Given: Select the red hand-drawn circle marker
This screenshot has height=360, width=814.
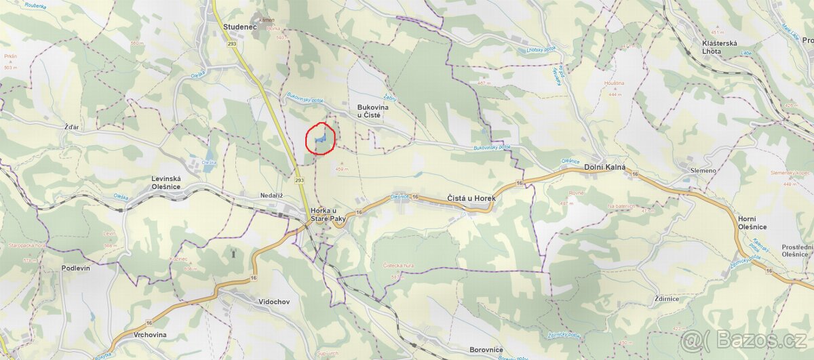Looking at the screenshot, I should (322, 139).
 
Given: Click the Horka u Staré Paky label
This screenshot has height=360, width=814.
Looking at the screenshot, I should (329, 214).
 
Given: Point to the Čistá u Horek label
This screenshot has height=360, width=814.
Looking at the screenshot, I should (471, 198).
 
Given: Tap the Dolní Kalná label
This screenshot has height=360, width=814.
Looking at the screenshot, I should (604, 167).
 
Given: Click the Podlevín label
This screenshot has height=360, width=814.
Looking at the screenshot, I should (75, 268).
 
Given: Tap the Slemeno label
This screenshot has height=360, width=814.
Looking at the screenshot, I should (703, 170).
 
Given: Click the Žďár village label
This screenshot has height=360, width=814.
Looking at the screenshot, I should (54, 127).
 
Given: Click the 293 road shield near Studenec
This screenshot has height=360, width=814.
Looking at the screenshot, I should (232, 43).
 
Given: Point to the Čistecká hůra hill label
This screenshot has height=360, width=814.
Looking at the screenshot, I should (389, 266).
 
